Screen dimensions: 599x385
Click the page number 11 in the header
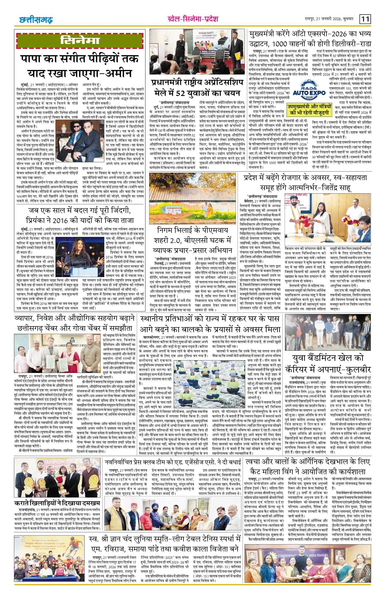coord(365,20)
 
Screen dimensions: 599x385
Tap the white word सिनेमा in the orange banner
coord(80,41)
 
